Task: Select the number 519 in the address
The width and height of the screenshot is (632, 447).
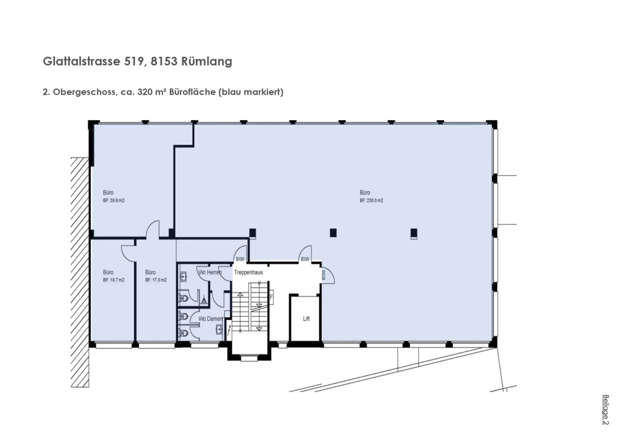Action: (x=133, y=61)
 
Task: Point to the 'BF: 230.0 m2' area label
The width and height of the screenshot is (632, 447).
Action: (x=371, y=200)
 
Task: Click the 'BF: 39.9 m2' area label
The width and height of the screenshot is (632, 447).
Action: (x=114, y=200)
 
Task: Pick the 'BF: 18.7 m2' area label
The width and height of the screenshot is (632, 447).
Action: (x=114, y=280)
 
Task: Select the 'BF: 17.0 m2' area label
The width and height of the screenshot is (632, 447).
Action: (x=156, y=280)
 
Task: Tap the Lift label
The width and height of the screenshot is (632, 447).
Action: (x=306, y=319)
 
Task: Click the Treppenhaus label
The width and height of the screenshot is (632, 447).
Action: (x=248, y=272)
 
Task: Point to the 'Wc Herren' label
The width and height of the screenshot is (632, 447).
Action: (x=210, y=272)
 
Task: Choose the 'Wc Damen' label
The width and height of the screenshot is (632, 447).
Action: (x=210, y=319)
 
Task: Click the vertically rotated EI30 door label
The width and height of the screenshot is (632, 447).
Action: (x=323, y=275)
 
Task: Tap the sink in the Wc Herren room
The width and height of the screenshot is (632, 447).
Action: (x=184, y=277)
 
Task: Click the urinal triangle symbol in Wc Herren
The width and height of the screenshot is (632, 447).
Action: (x=204, y=301)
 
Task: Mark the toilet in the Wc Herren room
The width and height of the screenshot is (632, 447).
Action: (x=184, y=299)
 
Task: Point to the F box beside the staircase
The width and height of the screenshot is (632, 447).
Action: (x=271, y=297)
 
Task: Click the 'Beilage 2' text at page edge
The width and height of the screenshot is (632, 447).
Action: (x=606, y=410)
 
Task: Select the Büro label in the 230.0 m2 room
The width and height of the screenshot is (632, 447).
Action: (x=365, y=192)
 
